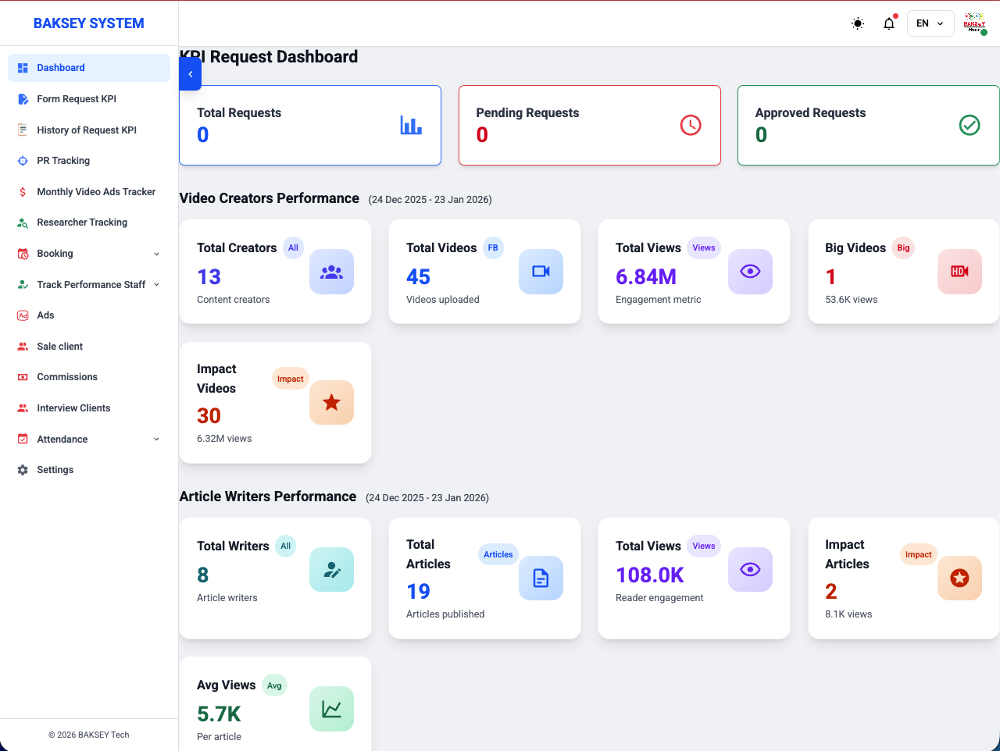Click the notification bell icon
tap(888, 23)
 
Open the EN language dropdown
tap(930, 23)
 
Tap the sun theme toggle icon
tap(857, 23)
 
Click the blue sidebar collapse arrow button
tap(191, 74)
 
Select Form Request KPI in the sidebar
tap(76, 99)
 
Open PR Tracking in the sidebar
tap(63, 161)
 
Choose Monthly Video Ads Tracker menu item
tap(96, 191)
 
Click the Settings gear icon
tap(23, 470)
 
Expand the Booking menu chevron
tap(156, 254)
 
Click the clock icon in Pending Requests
tap(691, 125)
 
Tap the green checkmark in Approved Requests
tap(970, 125)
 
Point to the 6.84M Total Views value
tap(645, 276)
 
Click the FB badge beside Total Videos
tap(493, 247)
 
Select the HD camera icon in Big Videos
tap(959, 272)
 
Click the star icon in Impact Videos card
tap(332, 402)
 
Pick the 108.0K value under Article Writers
tap(650, 575)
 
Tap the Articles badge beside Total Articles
tap(498, 554)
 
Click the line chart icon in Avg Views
tap(332, 709)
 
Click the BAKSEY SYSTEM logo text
tap(89, 23)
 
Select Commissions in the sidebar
tap(67, 377)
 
